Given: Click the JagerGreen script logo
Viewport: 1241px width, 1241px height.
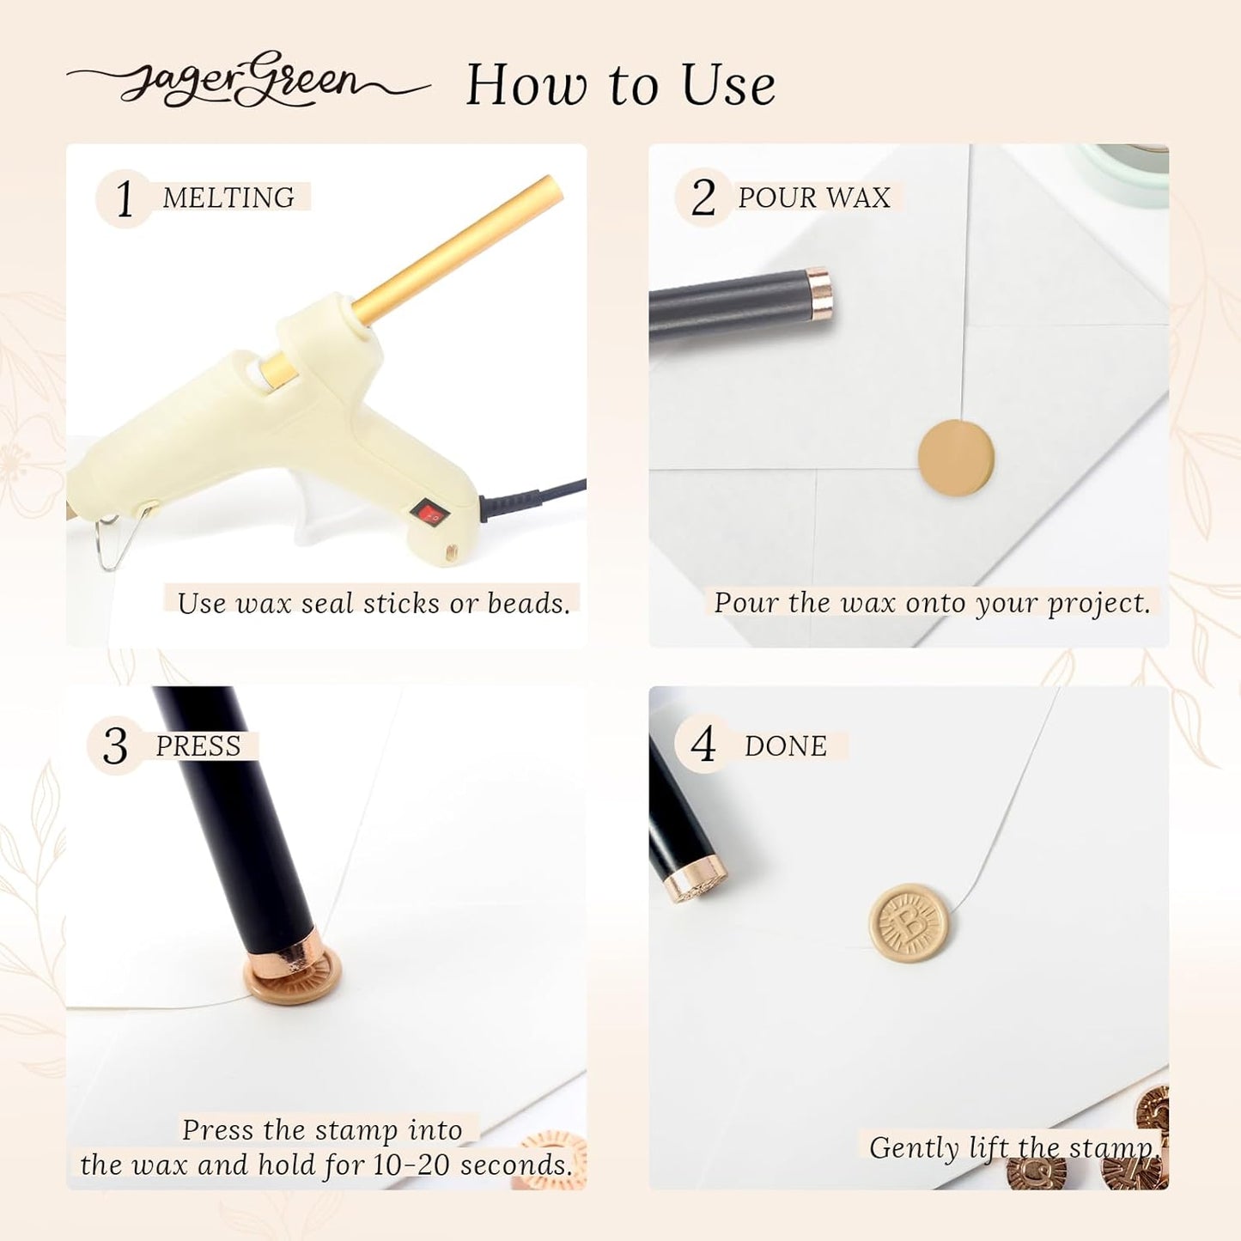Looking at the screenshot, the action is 248,82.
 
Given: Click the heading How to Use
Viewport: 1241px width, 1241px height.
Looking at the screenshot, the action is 620,84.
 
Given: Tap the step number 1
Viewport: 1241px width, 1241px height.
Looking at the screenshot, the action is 124,198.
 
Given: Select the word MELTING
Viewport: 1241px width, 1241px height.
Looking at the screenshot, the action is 228,197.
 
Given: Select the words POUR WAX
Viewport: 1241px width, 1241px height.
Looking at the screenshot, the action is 814,197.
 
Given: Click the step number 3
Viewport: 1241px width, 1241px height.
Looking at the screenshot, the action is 115,746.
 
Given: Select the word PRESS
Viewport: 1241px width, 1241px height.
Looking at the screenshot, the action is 198,745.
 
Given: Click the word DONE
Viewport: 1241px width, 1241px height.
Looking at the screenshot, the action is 786,745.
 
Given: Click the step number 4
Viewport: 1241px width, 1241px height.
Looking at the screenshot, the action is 703,745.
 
